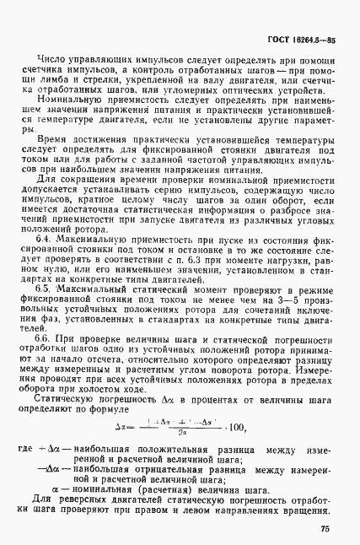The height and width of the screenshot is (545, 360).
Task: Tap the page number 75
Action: (x=324, y=530)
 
